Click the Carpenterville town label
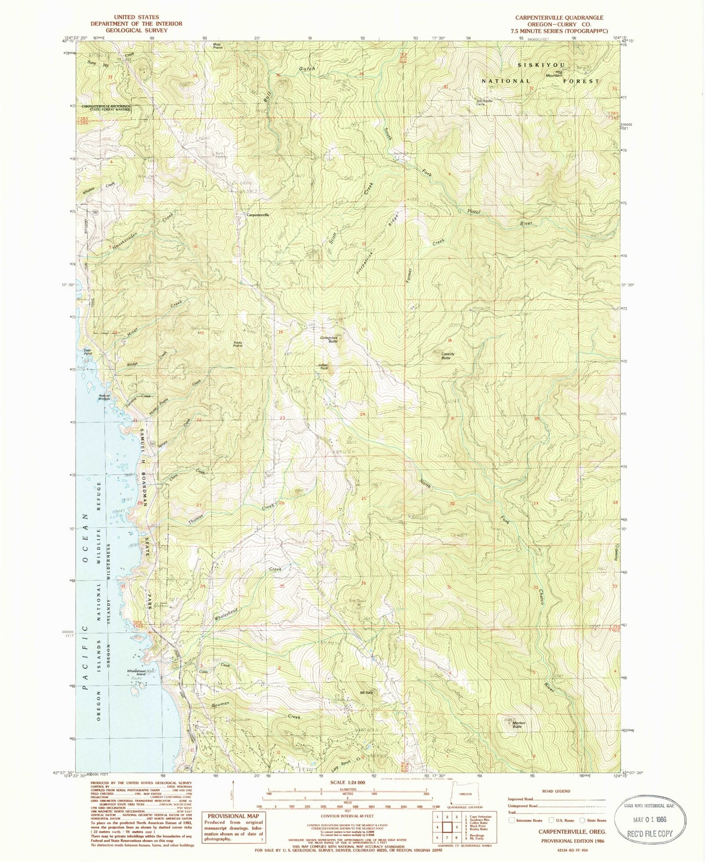[258, 215]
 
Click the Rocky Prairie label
[238, 344]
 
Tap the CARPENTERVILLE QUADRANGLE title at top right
[559, 18]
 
